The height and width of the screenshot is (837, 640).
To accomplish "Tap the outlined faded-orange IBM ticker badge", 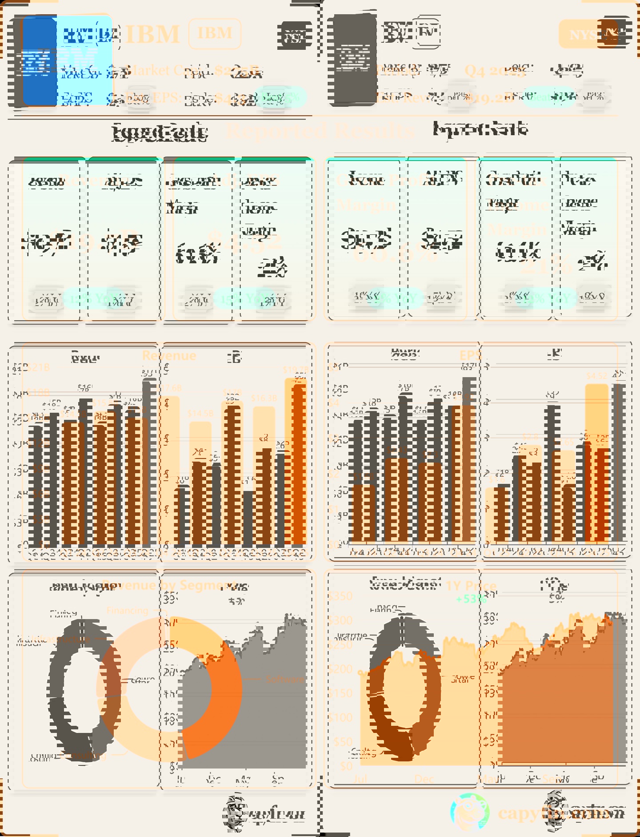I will (215, 33).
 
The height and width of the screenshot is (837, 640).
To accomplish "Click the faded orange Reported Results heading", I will (320, 130).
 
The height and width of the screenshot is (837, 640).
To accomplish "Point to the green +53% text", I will (471, 599).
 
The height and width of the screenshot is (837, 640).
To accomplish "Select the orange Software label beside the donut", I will (284, 679).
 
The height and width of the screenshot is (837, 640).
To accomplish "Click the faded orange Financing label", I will (128, 611).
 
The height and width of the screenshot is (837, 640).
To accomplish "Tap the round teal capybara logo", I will (470, 813).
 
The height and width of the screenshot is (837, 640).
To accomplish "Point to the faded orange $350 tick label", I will (340, 596).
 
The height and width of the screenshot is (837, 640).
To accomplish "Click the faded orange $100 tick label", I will (340, 717).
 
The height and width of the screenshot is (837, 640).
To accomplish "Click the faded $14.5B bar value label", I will (200, 413).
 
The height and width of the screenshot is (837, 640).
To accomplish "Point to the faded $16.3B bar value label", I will (264, 398).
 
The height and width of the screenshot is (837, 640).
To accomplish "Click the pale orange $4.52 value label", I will (596, 376).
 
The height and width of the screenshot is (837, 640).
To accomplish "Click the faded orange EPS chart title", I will (470, 355).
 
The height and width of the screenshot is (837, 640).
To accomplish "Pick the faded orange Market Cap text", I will (156, 70).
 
